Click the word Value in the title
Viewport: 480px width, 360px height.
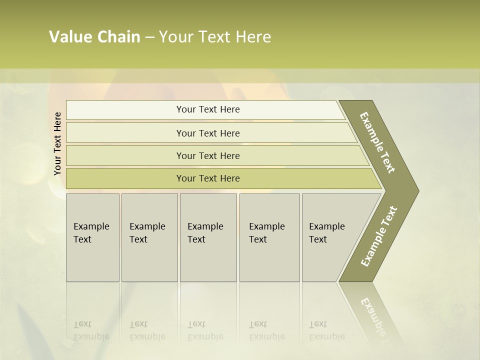(x=69, y=37)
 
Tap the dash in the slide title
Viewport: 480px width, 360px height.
(x=149, y=37)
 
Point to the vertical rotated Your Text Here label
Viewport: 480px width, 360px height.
(x=57, y=143)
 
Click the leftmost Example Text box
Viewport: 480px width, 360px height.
(x=92, y=237)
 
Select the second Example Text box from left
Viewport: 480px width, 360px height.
(x=149, y=237)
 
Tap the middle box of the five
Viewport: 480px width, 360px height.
(x=208, y=237)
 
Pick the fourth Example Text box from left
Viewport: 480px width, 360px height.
(x=269, y=237)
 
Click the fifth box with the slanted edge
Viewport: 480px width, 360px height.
(x=330, y=237)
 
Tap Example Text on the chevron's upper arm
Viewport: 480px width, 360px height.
(x=377, y=142)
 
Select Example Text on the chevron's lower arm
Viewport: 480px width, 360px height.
(x=378, y=236)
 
